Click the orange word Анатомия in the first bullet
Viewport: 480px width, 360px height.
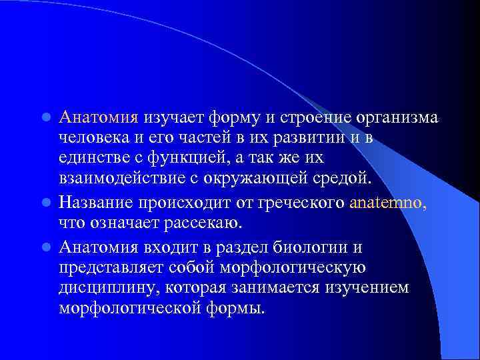(98, 118)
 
